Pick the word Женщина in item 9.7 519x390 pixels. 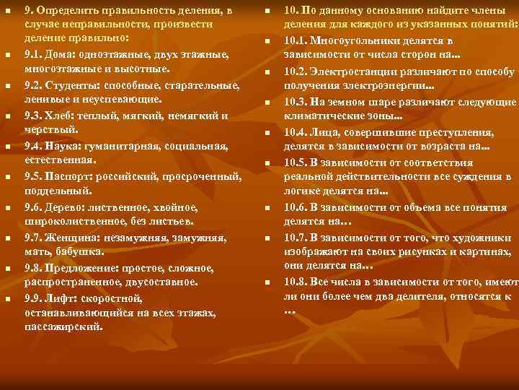pyautogui.click(x=74, y=238)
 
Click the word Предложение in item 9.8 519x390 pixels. pyautogui.click(x=86, y=268)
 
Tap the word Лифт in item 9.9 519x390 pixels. pyautogui.click(x=62, y=298)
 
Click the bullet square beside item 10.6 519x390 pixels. pyautogui.click(x=266, y=207)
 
